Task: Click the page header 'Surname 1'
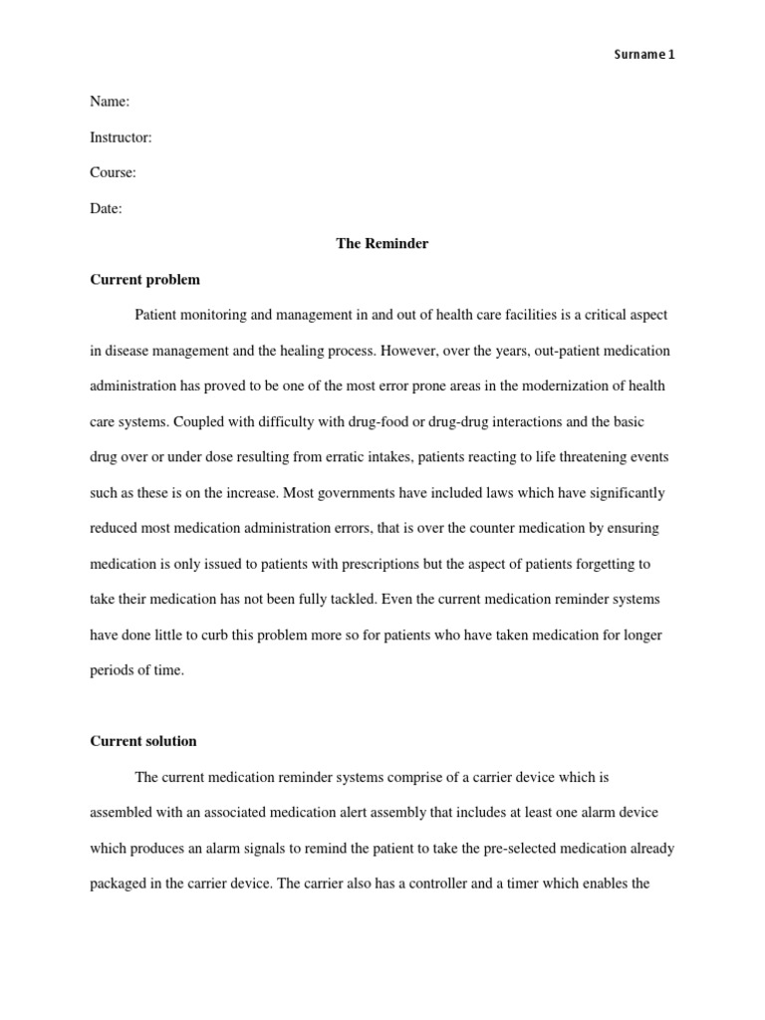643,55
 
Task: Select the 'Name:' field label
110,101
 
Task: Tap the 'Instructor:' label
121,136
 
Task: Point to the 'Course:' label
113,172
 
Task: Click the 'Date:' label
106,208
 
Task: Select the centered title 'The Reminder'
382,243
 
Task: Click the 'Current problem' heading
144,279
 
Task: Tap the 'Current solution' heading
143,741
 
